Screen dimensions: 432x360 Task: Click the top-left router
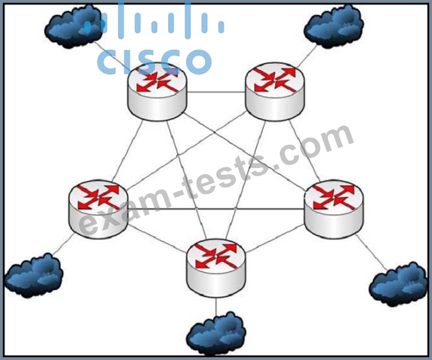[x=157, y=92]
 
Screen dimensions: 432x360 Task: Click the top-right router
[x=275, y=92]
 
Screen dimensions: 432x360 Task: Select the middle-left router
[x=98, y=209]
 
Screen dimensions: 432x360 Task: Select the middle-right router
[x=334, y=209]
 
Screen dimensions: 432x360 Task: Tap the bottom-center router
[x=216, y=268]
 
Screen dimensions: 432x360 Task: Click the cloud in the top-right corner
[x=334, y=26]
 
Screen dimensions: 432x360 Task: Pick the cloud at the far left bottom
[x=34, y=276]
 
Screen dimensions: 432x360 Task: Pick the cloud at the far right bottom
[x=398, y=285]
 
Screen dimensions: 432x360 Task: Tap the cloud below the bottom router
[x=216, y=334]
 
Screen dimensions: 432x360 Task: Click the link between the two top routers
[x=216, y=92]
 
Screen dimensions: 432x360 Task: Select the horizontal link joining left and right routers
[x=216, y=209]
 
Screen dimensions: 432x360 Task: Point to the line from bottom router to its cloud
[x=216, y=307]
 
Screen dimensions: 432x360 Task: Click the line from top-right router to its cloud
[x=307, y=56]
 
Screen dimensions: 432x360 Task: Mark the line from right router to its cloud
[x=371, y=252]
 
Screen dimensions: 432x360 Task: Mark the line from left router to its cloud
[x=63, y=243]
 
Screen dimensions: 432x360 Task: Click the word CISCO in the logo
[x=154, y=62]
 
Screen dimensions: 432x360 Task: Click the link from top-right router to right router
[x=304, y=151]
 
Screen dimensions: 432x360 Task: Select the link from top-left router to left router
[x=128, y=150]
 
